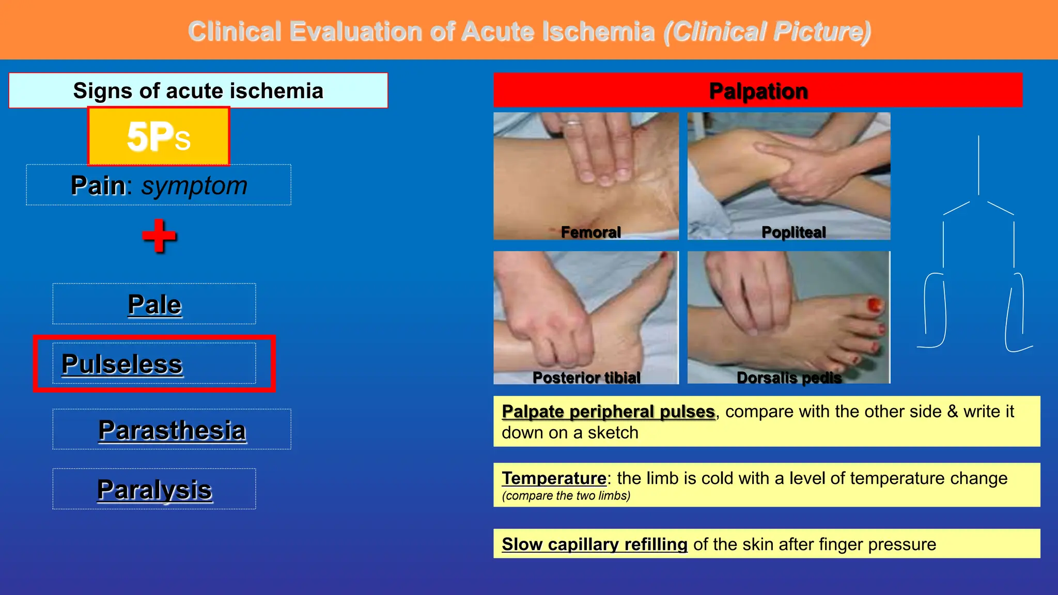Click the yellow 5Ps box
tap(159, 137)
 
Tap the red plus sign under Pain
tap(159, 236)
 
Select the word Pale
tap(154, 304)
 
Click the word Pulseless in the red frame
tap(122, 364)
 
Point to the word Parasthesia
tap(172, 430)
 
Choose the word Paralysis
tap(154, 490)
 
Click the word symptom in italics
tap(194, 185)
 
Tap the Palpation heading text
tap(758, 91)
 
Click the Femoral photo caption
tap(590, 232)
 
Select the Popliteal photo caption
tap(793, 232)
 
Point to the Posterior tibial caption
tap(586, 378)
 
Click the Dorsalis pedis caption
tap(789, 378)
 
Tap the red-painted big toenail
tap(875, 305)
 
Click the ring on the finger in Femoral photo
tap(573, 123)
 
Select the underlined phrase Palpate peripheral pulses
tap(608, 412)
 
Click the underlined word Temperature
tap(554, 478)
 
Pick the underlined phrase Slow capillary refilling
tap(594, 544)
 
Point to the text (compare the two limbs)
tap(566, 496)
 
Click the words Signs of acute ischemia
tap(198, 91)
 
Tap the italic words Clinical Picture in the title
tap(767, 32)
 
